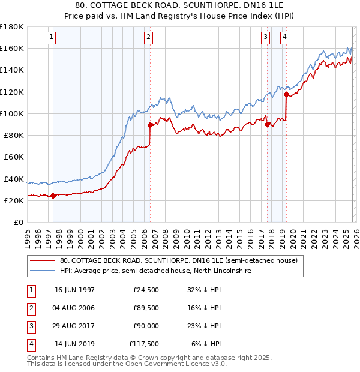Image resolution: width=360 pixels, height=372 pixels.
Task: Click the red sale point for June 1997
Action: pyautogui.click(x=53, y=195)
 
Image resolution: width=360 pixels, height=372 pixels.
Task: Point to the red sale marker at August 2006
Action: pyautogui.click(x=150, y=125)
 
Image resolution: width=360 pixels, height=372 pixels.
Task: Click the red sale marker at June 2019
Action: pyautogui.click(x=286, y=94)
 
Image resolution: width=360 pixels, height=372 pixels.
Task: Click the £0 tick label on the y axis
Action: pyautogui.click(x=17, y=222)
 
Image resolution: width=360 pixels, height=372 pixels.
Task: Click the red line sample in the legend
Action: pyautogui.click(x=43, y=261)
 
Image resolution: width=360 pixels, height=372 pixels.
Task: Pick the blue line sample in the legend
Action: pyautogui.click(x=43, y=271)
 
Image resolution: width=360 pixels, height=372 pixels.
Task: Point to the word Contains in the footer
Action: pyautogui.click(x=41, y=358)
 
